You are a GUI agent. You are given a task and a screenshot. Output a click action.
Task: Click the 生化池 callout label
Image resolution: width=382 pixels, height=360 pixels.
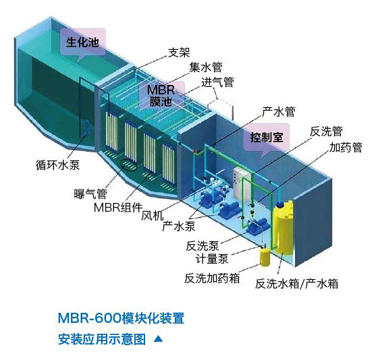82,42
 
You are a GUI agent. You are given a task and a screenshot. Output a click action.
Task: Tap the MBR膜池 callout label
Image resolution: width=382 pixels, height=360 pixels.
161,96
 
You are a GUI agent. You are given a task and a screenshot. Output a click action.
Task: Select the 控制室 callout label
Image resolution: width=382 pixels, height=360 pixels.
267,138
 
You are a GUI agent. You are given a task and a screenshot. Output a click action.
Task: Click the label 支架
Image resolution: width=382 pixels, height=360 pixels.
179,52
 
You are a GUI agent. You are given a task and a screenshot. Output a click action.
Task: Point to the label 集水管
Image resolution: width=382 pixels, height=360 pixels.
206,67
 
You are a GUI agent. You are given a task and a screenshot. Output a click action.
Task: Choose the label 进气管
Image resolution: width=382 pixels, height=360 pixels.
217,82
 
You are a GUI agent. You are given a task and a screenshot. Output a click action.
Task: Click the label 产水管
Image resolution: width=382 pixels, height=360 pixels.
279,111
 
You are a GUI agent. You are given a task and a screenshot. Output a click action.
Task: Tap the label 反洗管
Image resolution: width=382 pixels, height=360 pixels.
326,131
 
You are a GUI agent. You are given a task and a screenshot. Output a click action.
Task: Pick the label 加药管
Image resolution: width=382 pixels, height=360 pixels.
346,147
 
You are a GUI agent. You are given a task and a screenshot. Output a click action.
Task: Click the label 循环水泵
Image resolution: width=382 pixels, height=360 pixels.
58,164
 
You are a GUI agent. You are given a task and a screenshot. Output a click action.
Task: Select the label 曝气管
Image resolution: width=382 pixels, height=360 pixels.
90,194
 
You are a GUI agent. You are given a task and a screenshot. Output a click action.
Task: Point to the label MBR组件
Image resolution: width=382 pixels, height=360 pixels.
118,208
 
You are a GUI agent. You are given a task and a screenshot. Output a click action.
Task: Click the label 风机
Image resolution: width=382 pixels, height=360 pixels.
153,216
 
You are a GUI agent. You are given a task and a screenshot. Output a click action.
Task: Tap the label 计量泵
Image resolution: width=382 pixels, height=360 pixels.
212,258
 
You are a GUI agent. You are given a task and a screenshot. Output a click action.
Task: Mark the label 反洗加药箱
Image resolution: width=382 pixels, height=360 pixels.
212,278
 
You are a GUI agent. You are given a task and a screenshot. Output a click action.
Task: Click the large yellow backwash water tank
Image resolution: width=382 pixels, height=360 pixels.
283,227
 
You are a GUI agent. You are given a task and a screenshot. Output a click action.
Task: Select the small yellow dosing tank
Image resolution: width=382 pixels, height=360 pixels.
265,257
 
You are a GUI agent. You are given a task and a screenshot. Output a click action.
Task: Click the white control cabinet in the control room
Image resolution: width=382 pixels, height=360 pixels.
241,183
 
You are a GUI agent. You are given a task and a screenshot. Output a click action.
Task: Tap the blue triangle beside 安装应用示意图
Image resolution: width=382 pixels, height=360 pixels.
159,338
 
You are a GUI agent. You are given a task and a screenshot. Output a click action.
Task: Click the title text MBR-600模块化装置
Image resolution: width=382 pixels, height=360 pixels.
121,318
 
